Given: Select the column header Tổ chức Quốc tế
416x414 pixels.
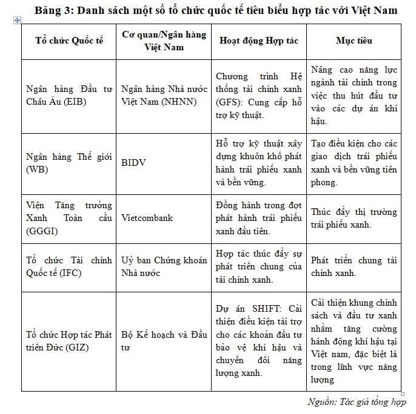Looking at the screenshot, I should point(69,41).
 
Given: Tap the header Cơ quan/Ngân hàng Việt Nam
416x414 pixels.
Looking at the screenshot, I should point(163,41).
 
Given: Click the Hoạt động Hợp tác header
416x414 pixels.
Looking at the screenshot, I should point(258,41).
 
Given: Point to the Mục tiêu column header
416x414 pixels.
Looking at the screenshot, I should point(354,41).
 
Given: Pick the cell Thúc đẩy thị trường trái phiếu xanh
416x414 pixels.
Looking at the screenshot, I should point(354,218).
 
